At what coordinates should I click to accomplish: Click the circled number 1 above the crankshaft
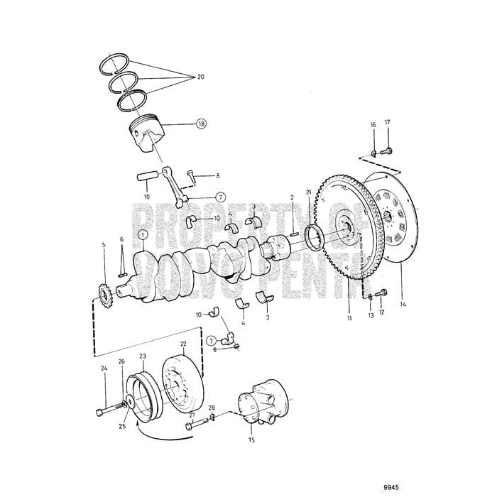(143, 234)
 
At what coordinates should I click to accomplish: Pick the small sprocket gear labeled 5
(105, 291)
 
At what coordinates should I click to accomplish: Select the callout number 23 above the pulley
(143, 356)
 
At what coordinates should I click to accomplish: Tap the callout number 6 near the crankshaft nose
(121, 240)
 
